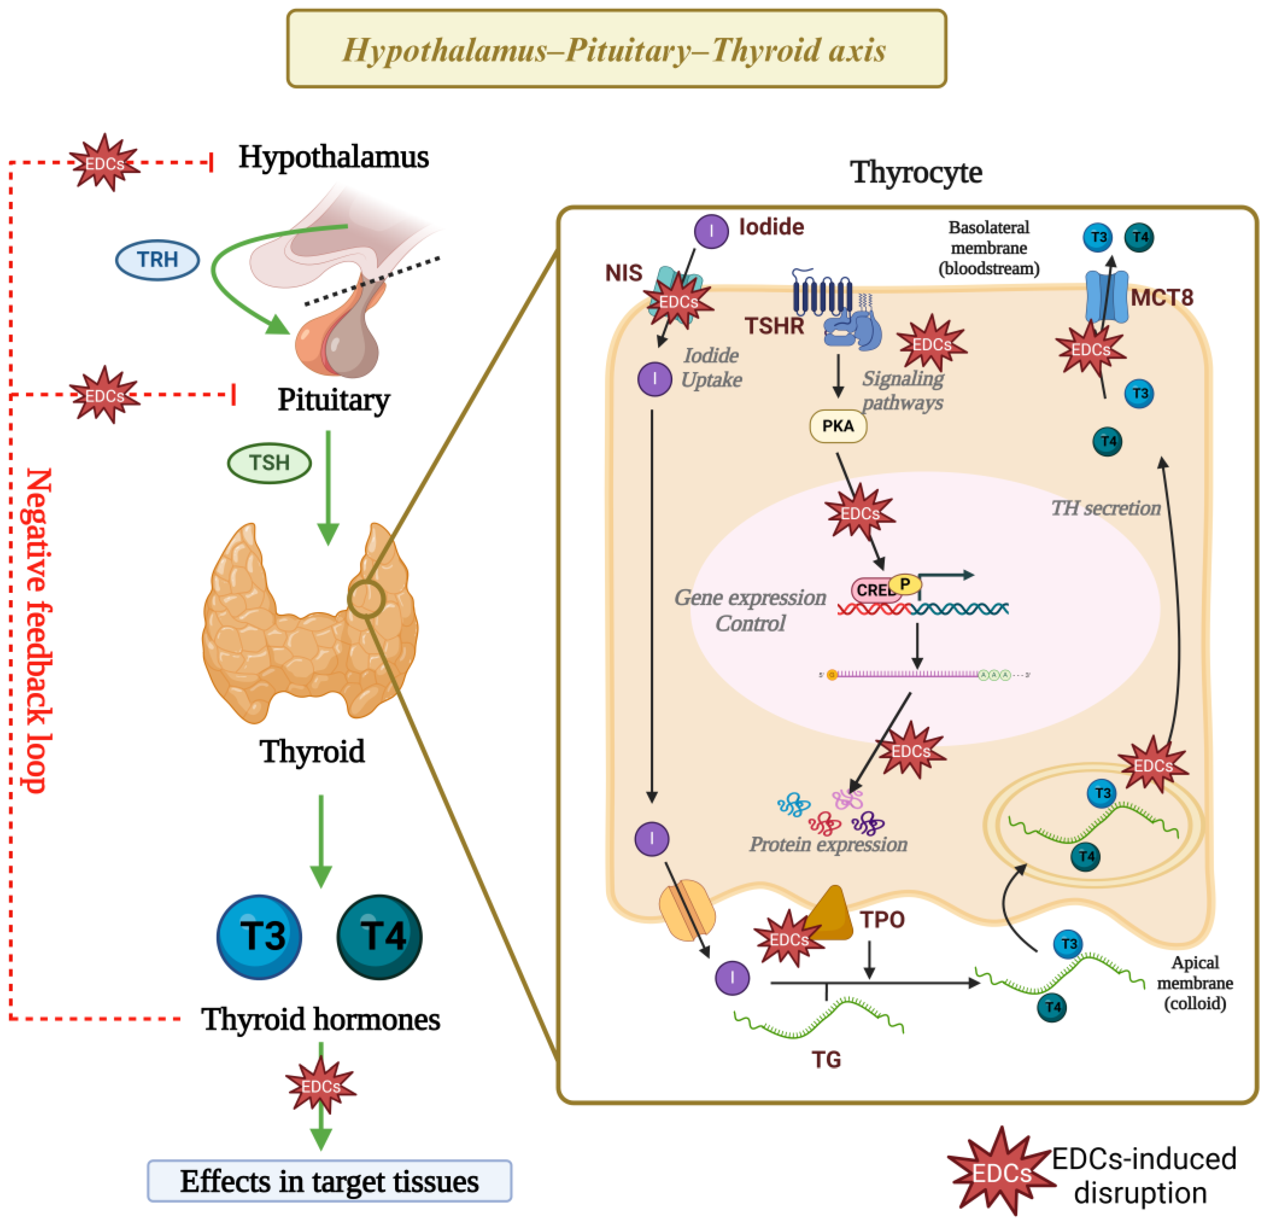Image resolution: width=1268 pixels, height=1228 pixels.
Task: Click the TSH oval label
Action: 269,463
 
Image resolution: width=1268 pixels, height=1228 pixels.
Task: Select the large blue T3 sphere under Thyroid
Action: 259,936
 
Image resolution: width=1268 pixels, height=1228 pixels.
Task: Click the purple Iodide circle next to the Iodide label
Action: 711,232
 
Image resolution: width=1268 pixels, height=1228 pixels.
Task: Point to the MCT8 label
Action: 1161,297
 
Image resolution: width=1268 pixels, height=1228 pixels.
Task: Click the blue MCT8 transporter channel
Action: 1106,296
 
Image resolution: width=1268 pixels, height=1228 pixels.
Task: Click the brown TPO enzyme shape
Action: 830,914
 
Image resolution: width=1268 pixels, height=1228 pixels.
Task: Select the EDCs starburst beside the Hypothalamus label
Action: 104,163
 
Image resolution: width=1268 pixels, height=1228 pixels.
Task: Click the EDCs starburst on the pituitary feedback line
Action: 104,395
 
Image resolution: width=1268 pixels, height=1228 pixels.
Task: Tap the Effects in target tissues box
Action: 329,1181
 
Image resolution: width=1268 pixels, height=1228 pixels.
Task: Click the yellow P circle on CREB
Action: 904,584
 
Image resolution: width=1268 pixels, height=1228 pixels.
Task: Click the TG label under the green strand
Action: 826,1060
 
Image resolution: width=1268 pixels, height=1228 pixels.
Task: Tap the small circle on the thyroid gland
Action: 366,599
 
